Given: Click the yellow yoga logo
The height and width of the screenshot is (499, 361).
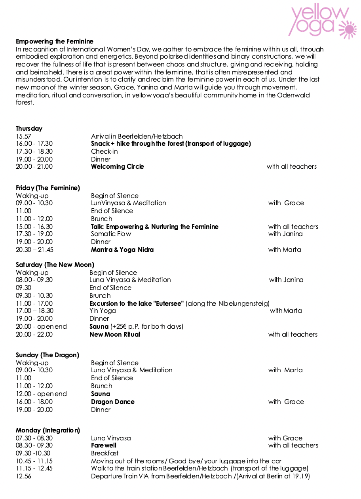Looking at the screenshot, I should (321, 21).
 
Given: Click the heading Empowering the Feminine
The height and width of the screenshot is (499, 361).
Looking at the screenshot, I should (55, 41).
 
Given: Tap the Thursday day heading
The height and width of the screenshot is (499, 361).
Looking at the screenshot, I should (29, 128).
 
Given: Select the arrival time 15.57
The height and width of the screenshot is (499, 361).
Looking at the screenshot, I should (23, 136).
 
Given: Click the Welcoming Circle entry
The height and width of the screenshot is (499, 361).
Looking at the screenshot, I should (118, 167).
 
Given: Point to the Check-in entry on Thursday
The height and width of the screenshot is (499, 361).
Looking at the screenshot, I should (104, 151).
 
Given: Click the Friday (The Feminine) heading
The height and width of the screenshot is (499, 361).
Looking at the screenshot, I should (48, 188).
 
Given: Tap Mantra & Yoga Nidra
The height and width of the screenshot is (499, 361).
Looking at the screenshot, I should (122, 249).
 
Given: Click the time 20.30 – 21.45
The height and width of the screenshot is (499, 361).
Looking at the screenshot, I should (34, 249).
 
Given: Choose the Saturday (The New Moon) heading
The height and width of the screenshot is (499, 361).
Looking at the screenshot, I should (55, 265).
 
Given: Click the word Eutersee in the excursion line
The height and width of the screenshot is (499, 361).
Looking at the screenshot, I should (168, 303).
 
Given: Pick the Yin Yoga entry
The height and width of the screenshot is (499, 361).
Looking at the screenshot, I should (103, 311).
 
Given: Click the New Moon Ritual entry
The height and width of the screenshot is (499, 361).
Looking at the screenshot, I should (115, 334).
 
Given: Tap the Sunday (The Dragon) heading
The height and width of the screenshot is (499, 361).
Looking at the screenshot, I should (47, 355).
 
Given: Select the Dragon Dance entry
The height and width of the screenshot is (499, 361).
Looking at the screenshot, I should (113, 402).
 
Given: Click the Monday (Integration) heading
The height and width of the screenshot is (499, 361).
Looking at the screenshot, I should (48, 430).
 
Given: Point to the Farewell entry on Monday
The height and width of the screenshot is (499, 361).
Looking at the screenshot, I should (104, 445).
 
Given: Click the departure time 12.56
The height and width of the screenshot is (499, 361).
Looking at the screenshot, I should (23, 476).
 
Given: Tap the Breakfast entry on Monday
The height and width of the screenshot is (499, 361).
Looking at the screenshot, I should (105, 453).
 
